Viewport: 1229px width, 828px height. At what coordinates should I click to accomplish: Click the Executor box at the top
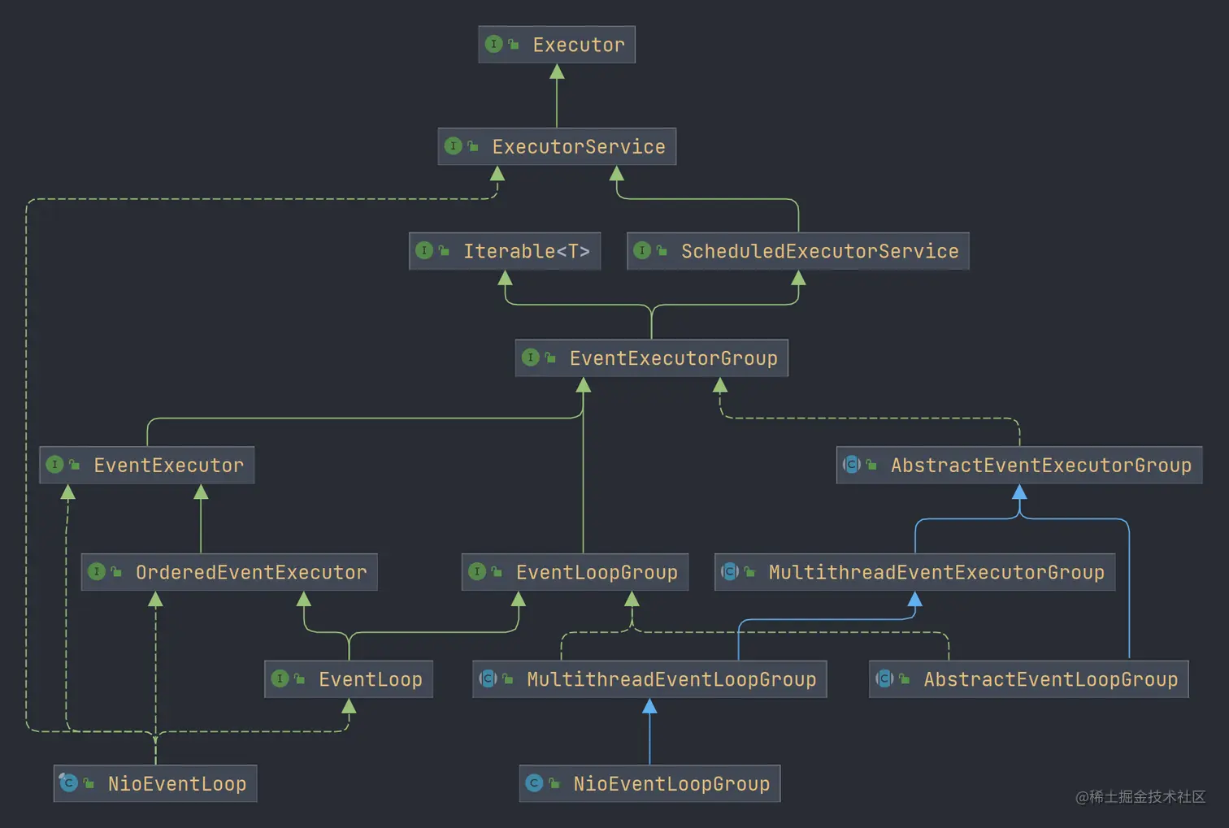[557, 45]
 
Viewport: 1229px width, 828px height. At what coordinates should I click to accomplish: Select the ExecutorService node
[557, 147]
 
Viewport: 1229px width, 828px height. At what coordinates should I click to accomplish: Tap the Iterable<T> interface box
[505, 251]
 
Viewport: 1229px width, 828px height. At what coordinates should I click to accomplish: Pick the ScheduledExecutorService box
[798, 251]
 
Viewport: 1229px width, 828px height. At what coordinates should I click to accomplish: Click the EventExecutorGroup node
[652, 358]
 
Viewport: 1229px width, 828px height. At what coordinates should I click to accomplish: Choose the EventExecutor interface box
[147, 466]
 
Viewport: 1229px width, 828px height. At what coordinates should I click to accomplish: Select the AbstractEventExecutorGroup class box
[1019, 466]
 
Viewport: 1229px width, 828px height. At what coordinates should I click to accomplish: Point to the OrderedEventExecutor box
[229, 573]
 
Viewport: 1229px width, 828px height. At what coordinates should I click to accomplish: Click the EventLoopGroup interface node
[575, 573]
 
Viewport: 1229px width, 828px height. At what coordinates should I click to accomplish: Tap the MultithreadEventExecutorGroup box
[915, 573]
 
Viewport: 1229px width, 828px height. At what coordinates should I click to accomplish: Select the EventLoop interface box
[349, 680]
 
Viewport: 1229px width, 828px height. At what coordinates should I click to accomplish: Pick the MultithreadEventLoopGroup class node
[649, 680]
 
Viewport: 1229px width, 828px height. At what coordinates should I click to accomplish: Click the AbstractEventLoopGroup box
[1029, 680]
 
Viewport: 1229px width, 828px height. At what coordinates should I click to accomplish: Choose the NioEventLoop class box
[155, 784]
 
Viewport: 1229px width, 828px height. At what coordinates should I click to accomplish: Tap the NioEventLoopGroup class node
[649, 784]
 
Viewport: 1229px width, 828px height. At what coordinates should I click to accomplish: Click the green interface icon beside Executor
[493, 44]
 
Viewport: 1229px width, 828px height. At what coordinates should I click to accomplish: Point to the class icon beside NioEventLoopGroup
[534, 783]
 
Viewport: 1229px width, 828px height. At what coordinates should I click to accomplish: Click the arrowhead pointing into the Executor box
[557, 72]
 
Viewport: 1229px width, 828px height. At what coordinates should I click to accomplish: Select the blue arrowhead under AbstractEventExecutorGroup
[1019, 492]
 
